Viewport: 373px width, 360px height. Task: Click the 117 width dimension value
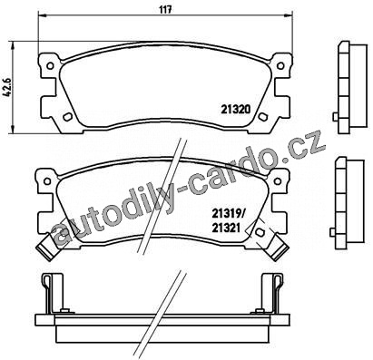(x=166, y=9)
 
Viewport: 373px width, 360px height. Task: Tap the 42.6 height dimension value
(x=7, y=88)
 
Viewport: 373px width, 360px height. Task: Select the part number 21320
(x=236, y=110)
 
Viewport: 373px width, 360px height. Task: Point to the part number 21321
(x=226, y=228)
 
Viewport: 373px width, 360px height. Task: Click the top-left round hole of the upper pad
(x=50, y=65)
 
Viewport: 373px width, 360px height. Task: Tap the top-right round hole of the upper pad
(x=280, y=65)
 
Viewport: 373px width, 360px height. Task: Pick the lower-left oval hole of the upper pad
(x=67, y=117)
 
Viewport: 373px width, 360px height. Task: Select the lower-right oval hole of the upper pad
(x=262, y=117)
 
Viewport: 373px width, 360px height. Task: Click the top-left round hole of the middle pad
(x=47, y=181)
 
